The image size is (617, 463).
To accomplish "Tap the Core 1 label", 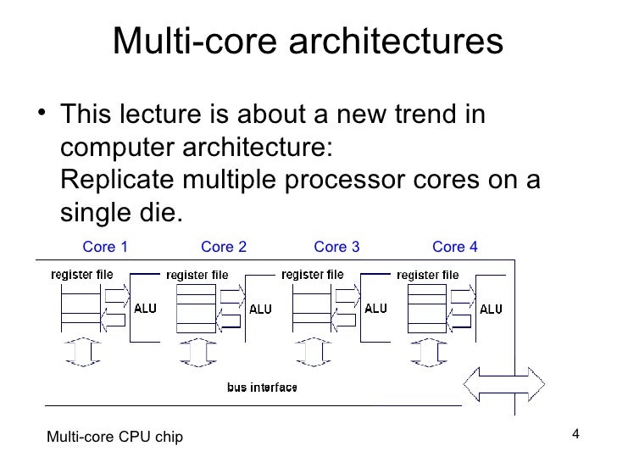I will [x=105, y=247].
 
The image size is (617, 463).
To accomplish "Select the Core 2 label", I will [x=224, y=247].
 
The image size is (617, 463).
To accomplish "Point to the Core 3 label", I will [x=336, y=247].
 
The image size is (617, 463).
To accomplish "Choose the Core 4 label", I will [x=455, y=247].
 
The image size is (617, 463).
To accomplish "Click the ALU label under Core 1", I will [x=145, y=309].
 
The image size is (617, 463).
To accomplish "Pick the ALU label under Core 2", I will [x=260, y=310].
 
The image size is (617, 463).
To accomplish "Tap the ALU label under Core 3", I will [x=375, y=309].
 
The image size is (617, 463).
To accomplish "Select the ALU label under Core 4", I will [x=491, y=310].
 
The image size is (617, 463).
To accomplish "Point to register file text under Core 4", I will [x=428, y=275].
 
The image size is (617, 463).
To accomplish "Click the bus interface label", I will [x=262, y=388].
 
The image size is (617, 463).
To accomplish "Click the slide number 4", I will [x=575, y=435].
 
